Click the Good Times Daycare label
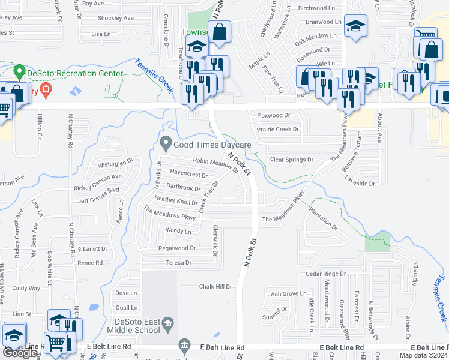212,145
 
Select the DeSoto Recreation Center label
75,74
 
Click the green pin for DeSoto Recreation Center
19,73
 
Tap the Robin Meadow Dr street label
215,162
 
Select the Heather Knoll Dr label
176,202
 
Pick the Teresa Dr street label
178,263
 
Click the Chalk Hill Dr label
215,287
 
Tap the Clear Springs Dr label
292,160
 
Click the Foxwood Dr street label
274,115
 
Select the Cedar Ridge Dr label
325,274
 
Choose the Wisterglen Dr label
110,164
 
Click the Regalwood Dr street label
176,248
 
